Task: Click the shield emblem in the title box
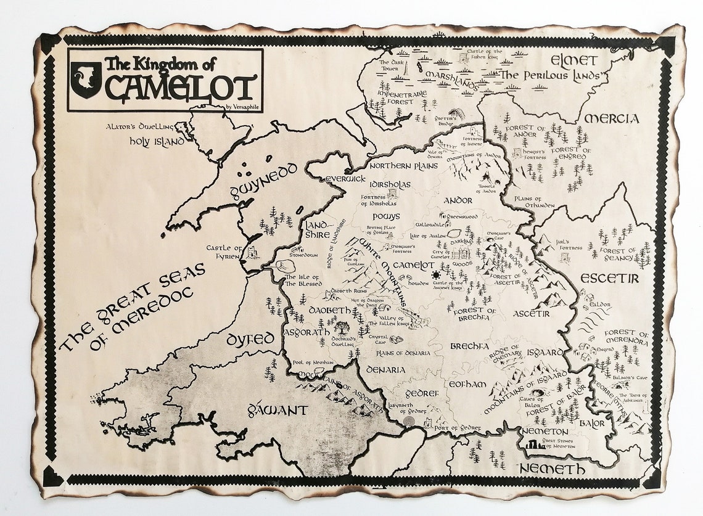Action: pos(85,80)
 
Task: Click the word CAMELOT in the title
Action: pos(180,88)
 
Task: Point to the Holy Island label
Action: pos(157,141)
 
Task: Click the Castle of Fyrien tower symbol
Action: pos(252,252)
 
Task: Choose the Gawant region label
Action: pos(277,409)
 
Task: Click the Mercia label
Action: pos(611,118)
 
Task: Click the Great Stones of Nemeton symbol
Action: pos(534,444)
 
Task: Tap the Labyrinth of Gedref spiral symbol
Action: pos(408,422)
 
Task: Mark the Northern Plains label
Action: pos(403,166)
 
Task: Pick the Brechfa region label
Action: pos(469,346)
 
